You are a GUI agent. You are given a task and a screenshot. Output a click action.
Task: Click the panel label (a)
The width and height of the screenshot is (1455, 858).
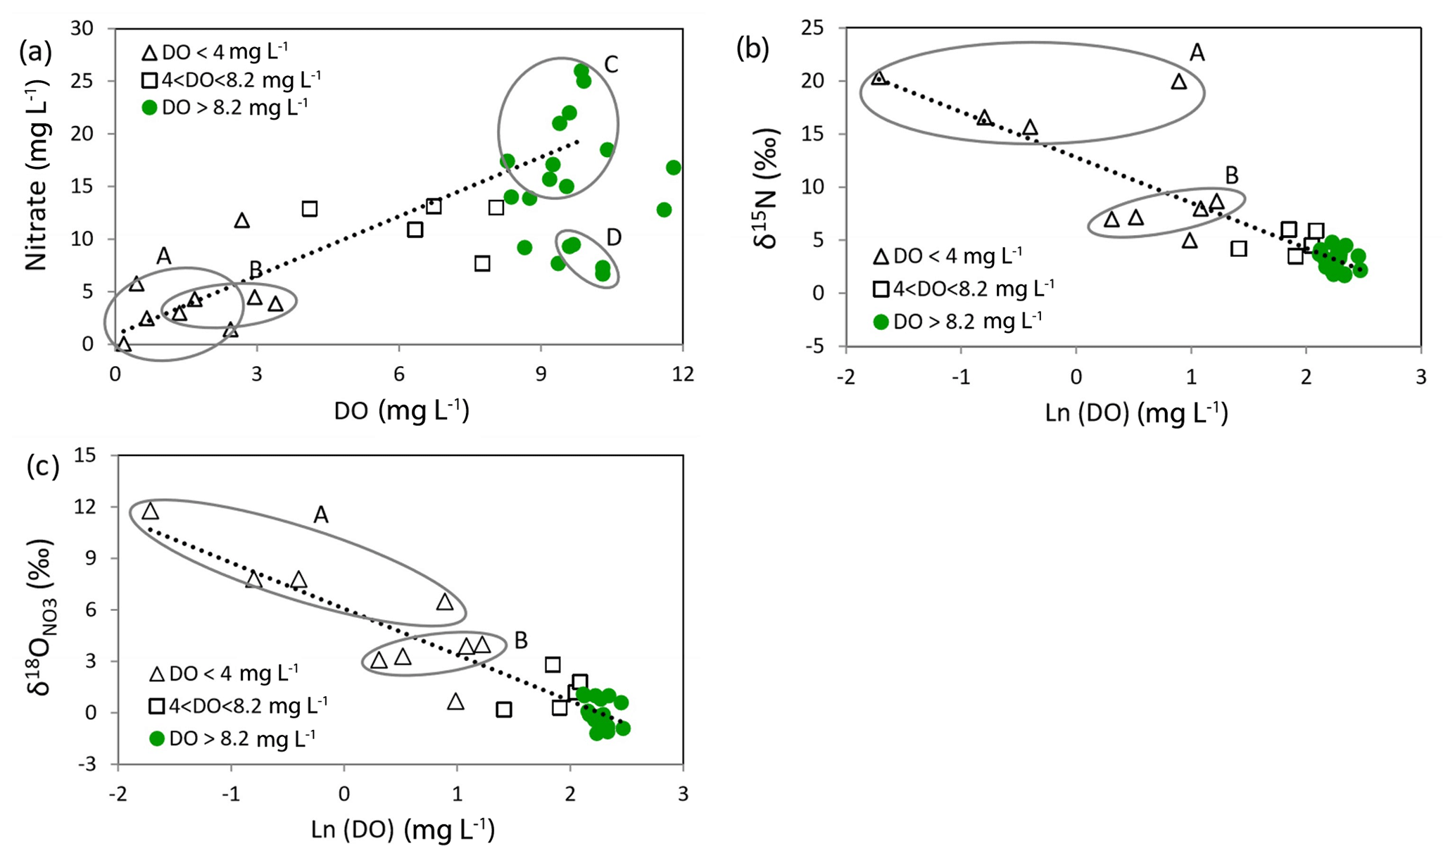(x=35, y=52)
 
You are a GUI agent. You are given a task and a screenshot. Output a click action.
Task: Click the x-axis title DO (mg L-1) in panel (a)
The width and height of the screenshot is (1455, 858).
(x=401, y=410)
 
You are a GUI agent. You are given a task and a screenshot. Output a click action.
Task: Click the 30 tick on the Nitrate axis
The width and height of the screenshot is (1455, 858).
(x=84, y=28)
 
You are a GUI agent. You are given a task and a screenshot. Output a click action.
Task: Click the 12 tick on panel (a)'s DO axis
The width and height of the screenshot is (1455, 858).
(x=681, y=374)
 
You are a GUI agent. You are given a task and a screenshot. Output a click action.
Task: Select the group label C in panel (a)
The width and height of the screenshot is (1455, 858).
(x=610, y=65)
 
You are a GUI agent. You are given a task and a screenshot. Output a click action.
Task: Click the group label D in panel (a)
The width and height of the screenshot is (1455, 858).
(x=613, y=237)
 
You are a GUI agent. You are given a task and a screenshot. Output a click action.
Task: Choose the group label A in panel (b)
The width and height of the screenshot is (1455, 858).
(x=1196, y=52)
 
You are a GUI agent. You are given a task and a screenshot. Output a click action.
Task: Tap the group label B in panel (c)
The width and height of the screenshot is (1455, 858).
(x=521, y=641)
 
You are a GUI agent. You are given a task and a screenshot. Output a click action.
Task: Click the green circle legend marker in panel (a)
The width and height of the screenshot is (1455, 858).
(x=149, y=108)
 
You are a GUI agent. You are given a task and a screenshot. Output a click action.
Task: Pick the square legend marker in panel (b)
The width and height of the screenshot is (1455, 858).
(x=881, y=289)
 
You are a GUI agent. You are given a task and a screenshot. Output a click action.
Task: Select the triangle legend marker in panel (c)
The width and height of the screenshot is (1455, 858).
(x=157, y=674)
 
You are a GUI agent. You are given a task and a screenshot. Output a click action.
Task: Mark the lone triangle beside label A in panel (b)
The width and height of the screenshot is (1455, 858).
(x=1178, y=82)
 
